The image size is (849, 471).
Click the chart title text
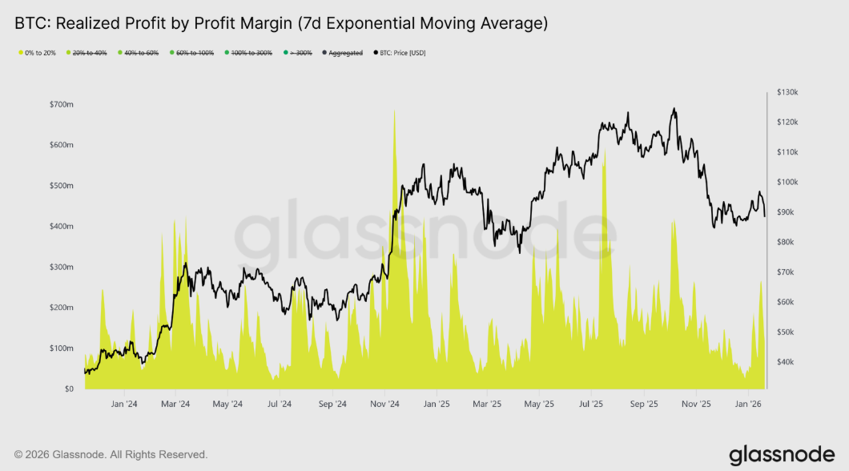pyautogui.click(x=281, y=24)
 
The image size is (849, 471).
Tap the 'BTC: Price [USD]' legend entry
pyautogui.click(x=403, y=53)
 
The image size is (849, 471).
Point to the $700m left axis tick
pyautogui.click(x=61, y=105)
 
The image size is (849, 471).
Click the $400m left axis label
pyautogui.click(x=61, y=227)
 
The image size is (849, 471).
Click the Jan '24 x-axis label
pyautogui.click(x=125, y=405)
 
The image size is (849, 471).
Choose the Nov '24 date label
pyautogui.click(x=384, y=405)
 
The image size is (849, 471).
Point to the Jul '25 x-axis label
pyautogui.click(x=593, y=405)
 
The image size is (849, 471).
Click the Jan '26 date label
pyautogui.click(x=748, y=405)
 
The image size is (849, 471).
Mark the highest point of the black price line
pyautogui.click(x=674, y=108)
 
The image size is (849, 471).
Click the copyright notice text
pyautogui.click(x=111, y=454)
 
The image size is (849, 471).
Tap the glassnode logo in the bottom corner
pyautogui.click(x=782, y=455)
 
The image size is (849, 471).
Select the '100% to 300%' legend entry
pyautogui.click(x=251, y=53)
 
